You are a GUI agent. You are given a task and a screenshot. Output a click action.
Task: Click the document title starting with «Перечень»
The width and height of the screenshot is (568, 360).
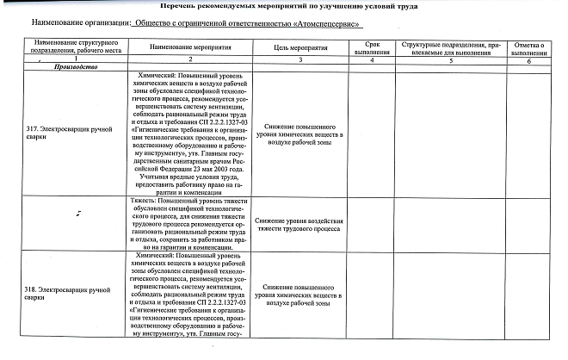coord(284,6)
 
